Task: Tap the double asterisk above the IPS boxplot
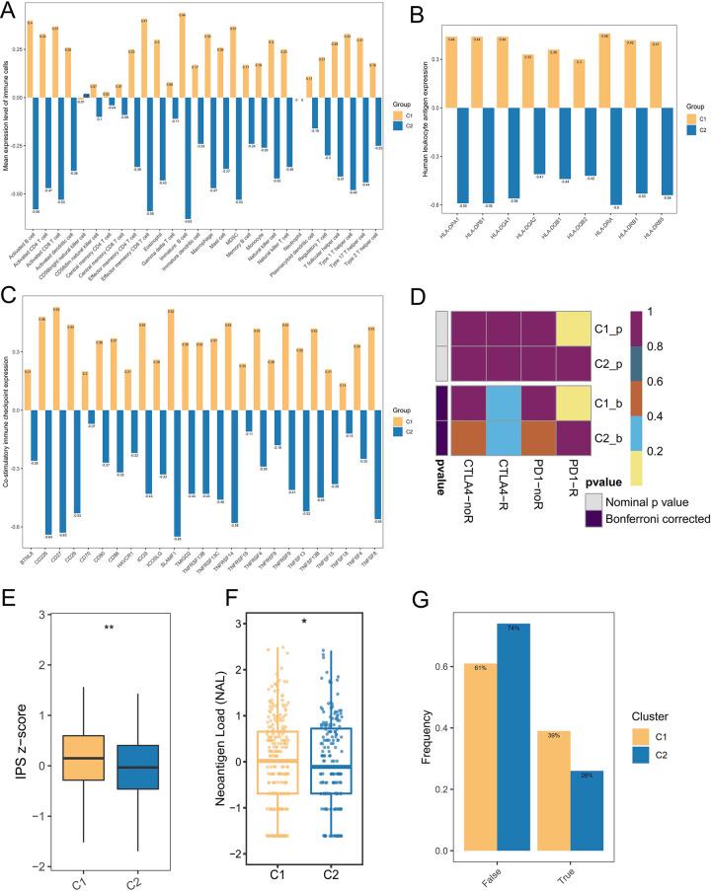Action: coord(141,626)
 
